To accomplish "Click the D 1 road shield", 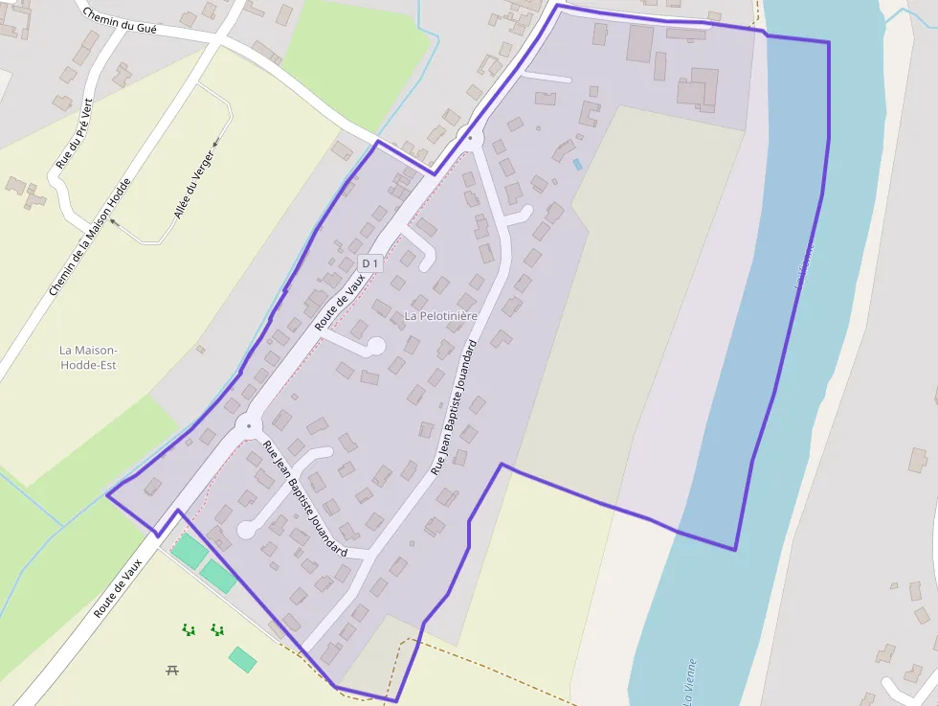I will [370, 262].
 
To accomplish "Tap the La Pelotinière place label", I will [440, 314].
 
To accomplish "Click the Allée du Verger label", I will [194, 184].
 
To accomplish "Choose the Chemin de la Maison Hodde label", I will [89, 236].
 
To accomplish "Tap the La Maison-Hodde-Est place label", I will [87, 357].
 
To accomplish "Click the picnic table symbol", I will [172, 670].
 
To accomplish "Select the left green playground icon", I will [190, 629].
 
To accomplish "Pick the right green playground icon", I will [217, 629].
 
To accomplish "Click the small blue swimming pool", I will [577, 164].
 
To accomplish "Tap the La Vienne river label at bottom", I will [688, 681].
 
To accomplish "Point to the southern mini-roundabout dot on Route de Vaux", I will [249, 425].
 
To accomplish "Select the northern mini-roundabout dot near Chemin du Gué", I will [470, 139].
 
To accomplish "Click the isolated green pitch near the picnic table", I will [242, 659].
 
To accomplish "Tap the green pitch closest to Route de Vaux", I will [189, 551].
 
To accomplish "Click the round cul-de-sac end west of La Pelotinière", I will [376, 345].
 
